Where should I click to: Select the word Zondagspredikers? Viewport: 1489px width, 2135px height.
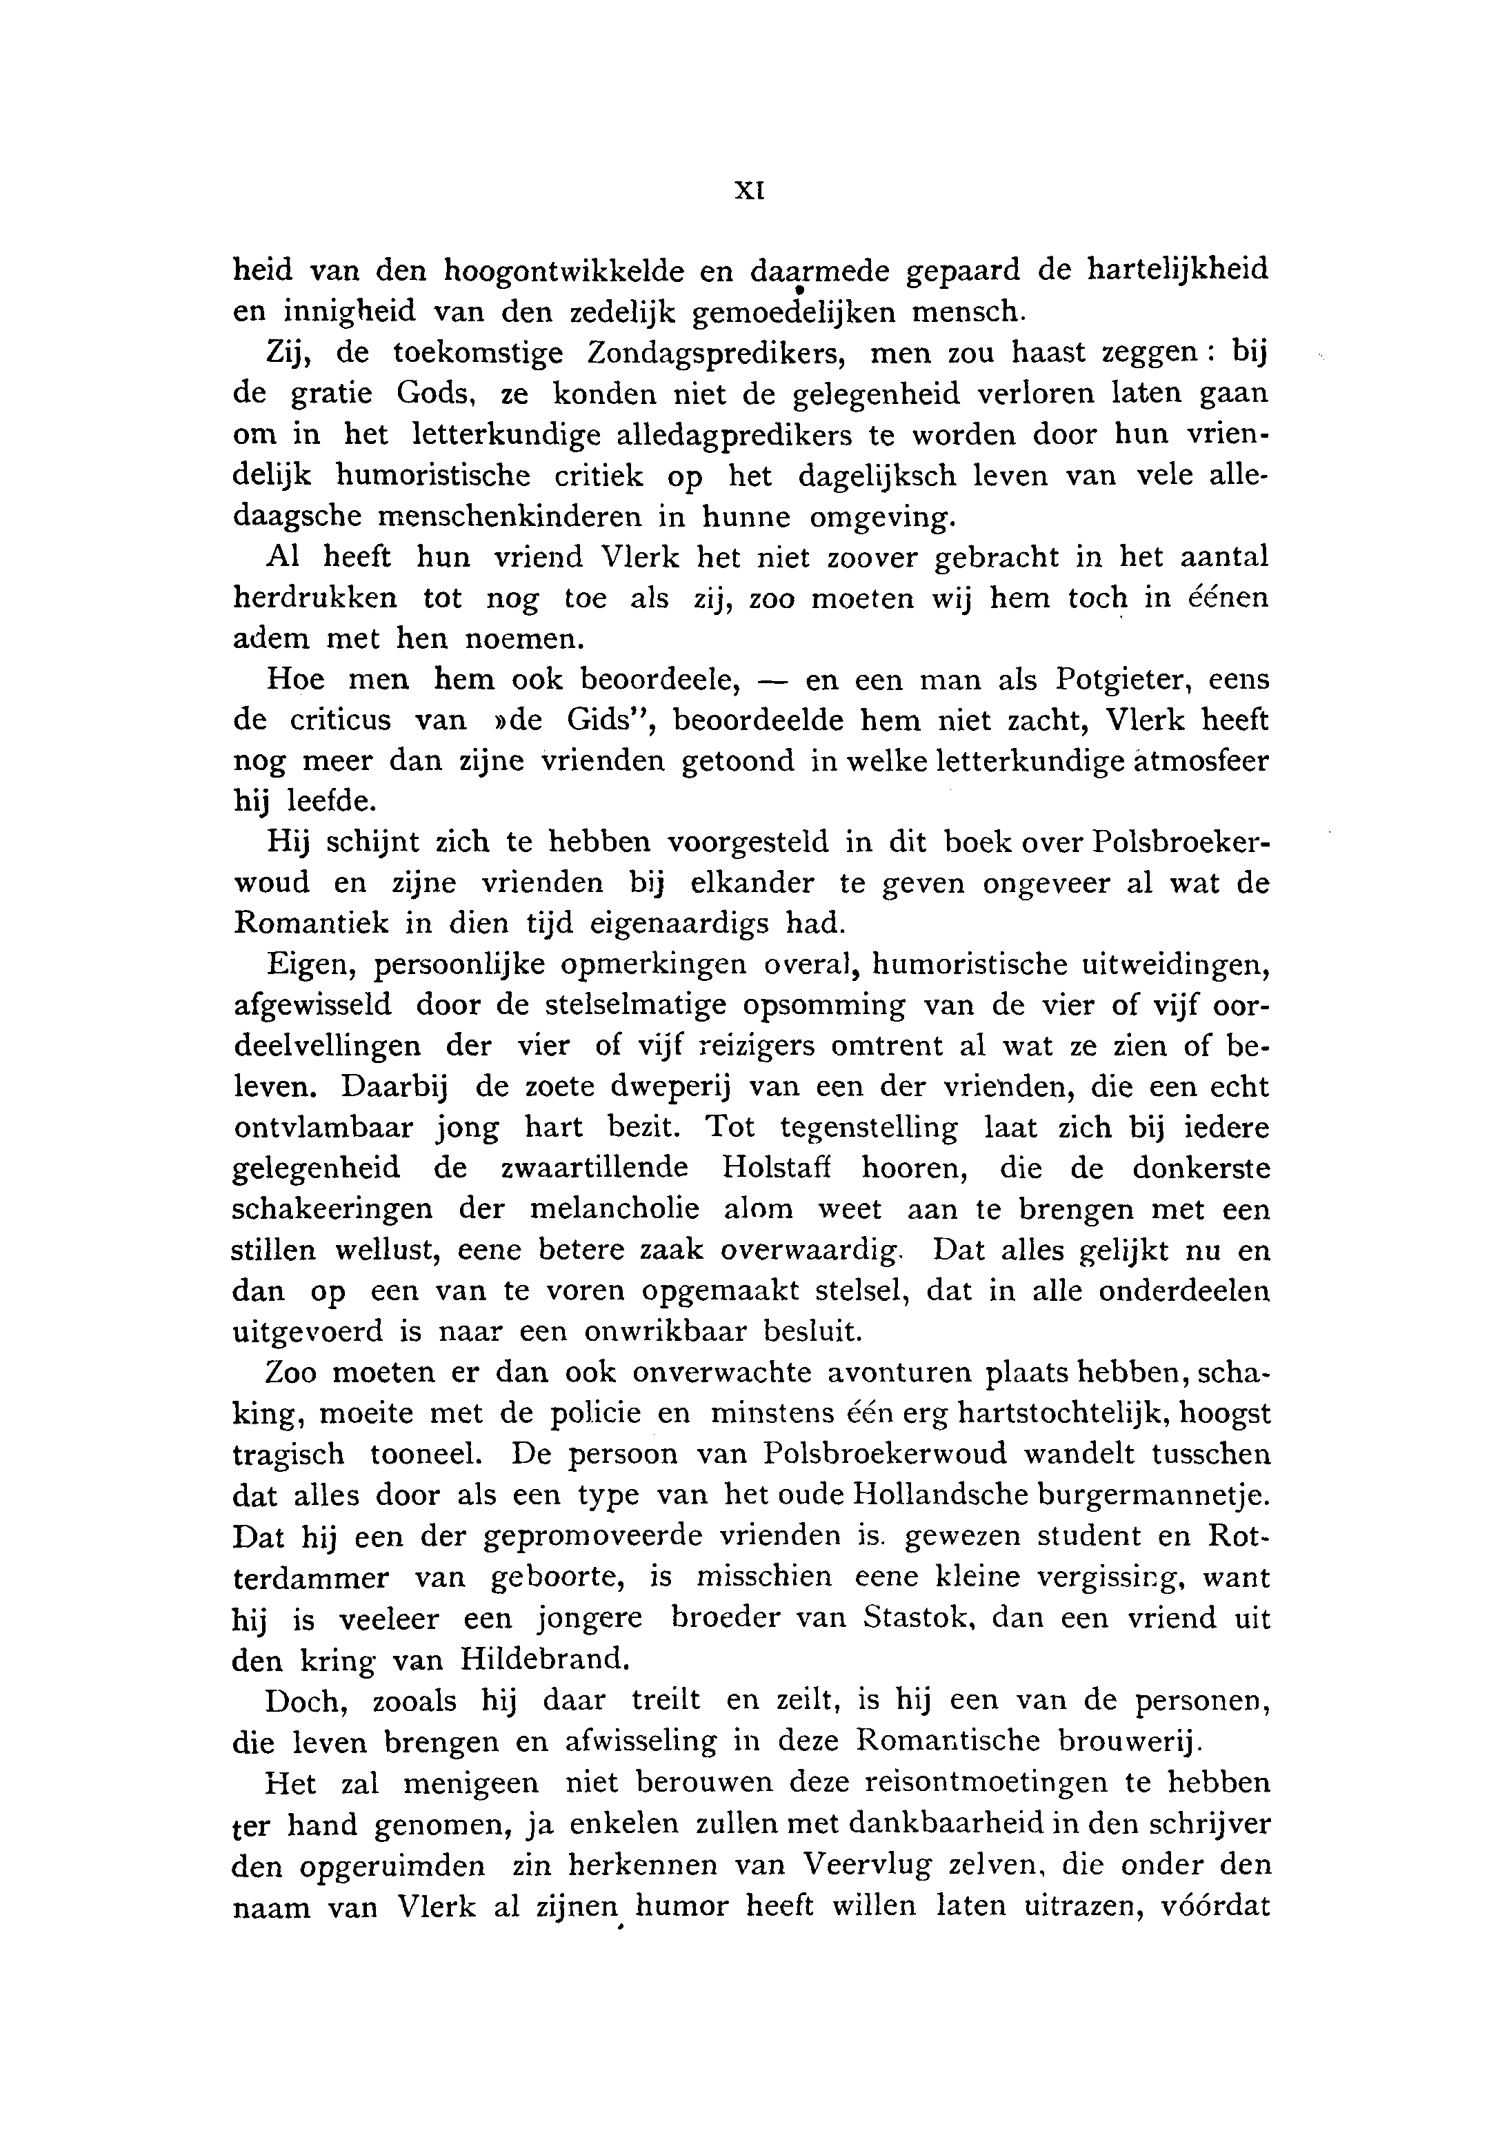click(714, 354)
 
